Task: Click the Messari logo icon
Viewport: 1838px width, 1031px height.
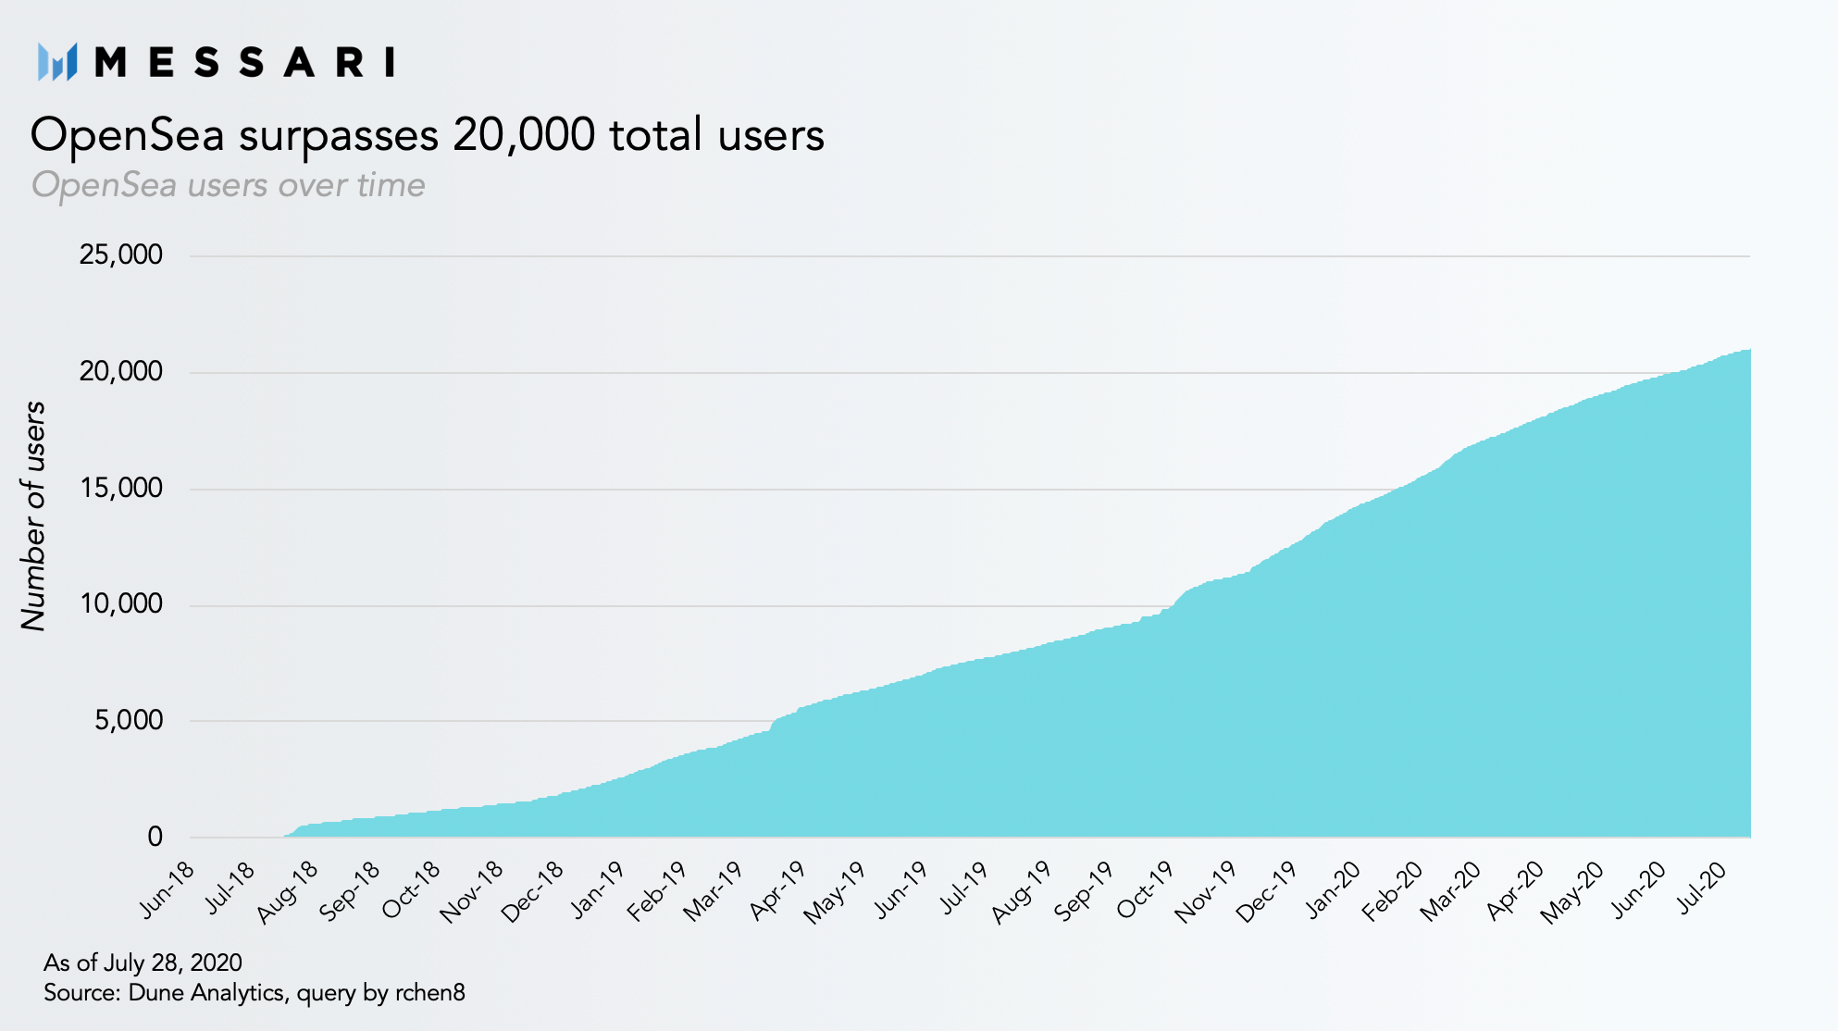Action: pyautogui.click(x=57, y=62)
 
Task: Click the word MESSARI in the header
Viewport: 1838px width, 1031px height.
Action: pyautogui.click(x=245, y=63)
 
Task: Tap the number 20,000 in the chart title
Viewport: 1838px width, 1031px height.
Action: pyautogui.click(x=524, y=135)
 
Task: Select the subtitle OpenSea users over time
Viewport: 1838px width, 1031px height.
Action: pyautogui.click(x=229, y=185)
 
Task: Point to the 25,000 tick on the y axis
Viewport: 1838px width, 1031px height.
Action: pyautogui.click(x=120, y=255)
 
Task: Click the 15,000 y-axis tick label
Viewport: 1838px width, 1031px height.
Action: pyautogui.click(x=120, y=488)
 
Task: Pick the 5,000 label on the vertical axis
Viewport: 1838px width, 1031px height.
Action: pyautogui.click(x=129, y=720)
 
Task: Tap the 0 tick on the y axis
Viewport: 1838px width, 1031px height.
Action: pyautogui.click(x=155, y=837)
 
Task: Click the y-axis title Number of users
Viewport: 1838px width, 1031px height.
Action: pyautogui.click(x=33, y=516)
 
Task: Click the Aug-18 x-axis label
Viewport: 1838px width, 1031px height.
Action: pyautogui.click(x=288, y=891)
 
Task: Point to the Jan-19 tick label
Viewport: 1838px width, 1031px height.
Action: pyautogui.click(x=598, y=889)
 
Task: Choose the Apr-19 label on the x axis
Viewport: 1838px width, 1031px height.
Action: pyautogui.click(x=778, y=890)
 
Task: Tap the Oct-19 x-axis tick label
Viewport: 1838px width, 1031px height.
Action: pyautogui.click(x=1146, y=889)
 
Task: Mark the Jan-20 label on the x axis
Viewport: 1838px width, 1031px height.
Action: pyautogui.click(x=1334, y=889)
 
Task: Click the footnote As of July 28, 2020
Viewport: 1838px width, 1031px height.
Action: pyautogui.click(x=143, y=963)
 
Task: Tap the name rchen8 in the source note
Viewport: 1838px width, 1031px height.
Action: pyautogui.click(x=430, y=993)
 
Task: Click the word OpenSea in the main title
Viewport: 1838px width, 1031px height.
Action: pyautogui.click(x=128, y=135)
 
